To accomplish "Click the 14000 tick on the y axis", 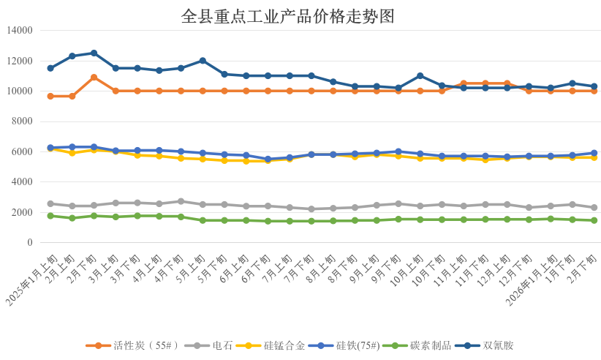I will click(20, 30).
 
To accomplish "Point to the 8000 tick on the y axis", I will click(23, 121).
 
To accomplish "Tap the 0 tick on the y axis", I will click(30, 242).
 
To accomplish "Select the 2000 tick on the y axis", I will click(23, 212).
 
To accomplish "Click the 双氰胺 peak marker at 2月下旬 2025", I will click(94, 53).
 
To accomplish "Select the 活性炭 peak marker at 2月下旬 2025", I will click(94, 77).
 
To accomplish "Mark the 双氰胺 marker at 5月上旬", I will click(203, 60).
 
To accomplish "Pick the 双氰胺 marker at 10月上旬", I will click(420, 75).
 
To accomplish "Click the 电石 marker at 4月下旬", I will click(181, 201).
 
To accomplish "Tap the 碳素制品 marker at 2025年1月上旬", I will click(50, 216).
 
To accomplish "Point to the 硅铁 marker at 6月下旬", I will click(268, 159).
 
